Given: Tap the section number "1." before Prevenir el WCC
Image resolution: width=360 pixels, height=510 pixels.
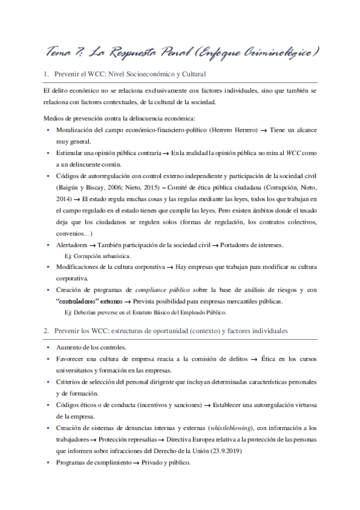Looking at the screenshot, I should pyautogui.click(x=46, y=74).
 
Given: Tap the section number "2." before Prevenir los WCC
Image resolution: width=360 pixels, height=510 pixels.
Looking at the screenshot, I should pyautogui.click(x=46, y=331).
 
